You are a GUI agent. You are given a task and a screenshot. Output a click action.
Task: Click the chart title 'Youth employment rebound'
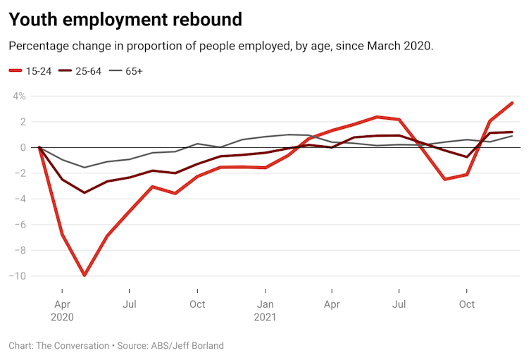tap(125, 19)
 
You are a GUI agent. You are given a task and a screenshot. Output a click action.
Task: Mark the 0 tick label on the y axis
tap(23, 147)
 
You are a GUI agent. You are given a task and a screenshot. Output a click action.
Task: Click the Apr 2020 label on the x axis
tap(62, 311)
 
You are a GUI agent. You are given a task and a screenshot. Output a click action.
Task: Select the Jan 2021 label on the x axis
tap(265, 311)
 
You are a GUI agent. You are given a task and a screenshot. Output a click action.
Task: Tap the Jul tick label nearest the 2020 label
tap(130, 304)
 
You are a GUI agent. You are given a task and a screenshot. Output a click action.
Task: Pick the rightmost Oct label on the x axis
tap(466, 304)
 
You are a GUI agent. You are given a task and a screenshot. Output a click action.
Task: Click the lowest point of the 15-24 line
tap(85, 275)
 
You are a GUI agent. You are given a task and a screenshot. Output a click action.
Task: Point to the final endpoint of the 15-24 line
tap(512, 103)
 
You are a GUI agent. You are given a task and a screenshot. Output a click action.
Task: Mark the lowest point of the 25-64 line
tap(85, 192)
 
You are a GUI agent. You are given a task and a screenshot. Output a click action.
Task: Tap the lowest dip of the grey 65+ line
tap(85, 168)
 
